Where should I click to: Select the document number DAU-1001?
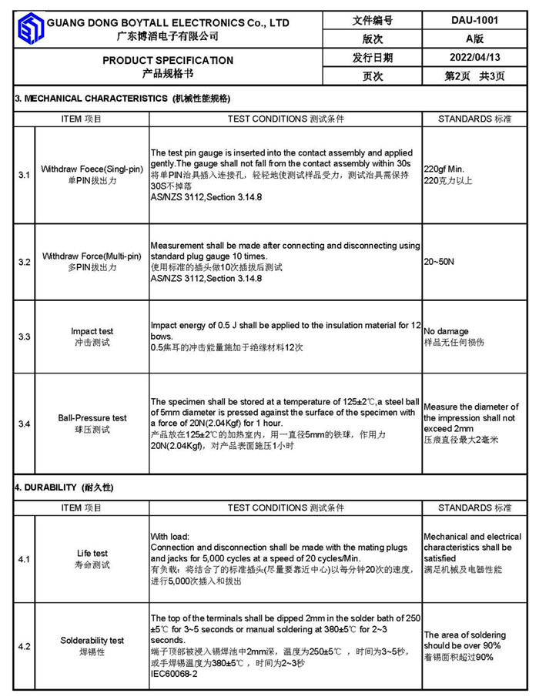point(474,21)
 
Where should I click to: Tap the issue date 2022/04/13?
point(474,57)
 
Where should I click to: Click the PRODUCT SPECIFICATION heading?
point(168,60)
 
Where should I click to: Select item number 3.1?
point(24,175)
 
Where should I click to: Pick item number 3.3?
point(24,337)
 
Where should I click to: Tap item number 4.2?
point(24,646)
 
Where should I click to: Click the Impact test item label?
point(92,332)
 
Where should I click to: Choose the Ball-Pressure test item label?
point(92,418)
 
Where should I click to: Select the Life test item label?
point(92,553)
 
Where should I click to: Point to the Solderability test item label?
point(92,640)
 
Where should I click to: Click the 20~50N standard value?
point(439,262)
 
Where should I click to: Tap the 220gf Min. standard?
point(444,169)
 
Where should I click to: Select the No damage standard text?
point(446,331)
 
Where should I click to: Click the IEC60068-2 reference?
point(174,674)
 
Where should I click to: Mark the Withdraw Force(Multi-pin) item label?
point(92,256)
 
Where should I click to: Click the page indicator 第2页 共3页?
point(474,76)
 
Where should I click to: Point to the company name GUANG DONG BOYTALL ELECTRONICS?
point(168,23)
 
